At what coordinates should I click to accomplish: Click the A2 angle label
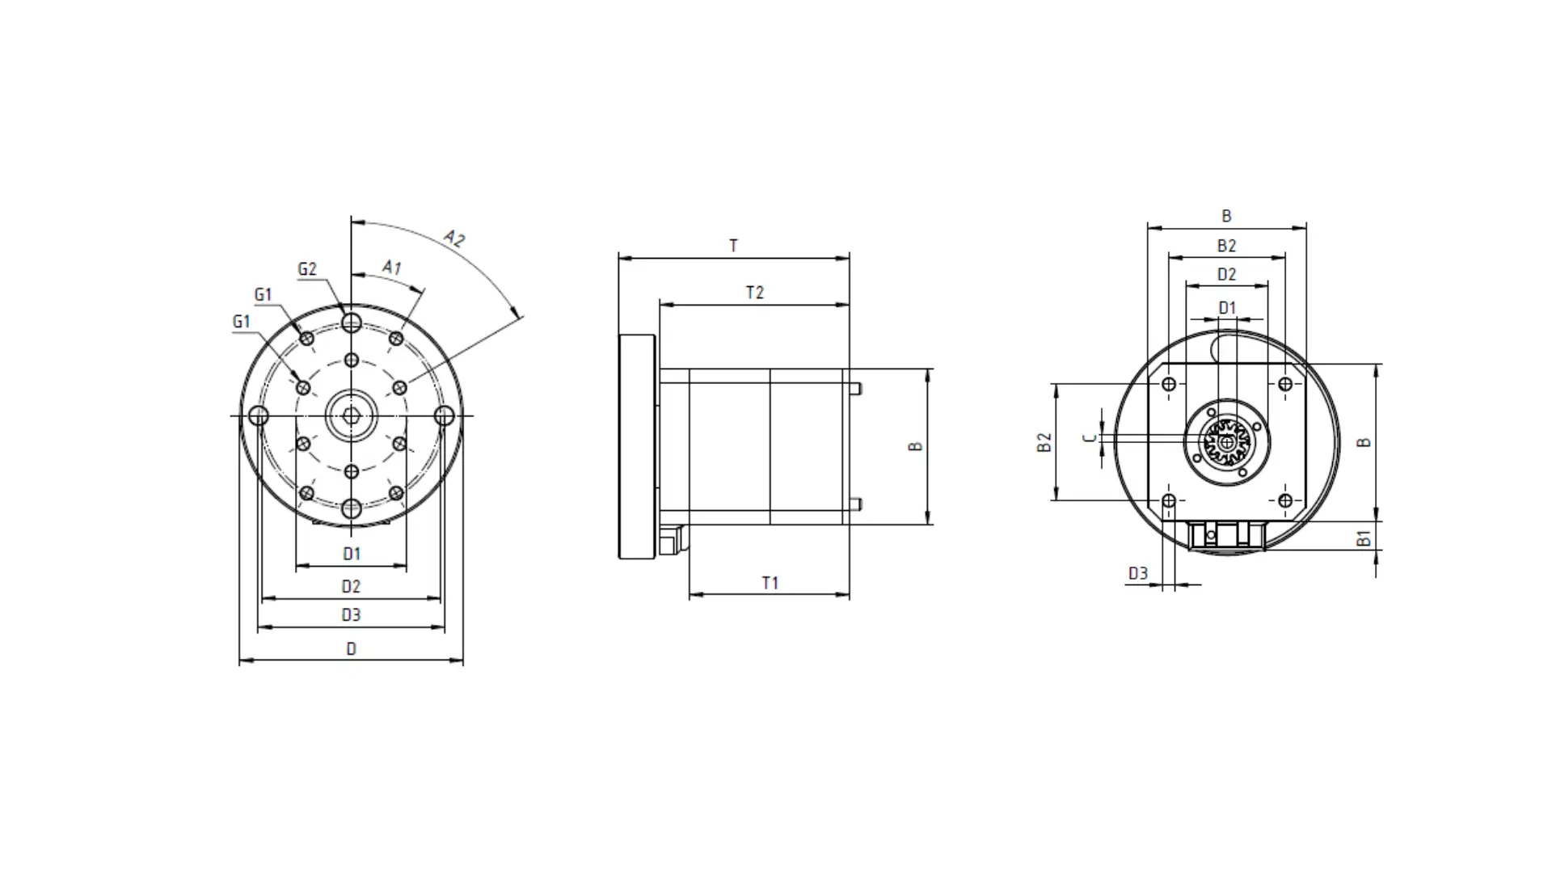tap(454, 238)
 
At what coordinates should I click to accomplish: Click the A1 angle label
tap(392, 267)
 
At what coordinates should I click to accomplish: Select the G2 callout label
tap(307, 269)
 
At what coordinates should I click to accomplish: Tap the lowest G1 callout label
tap(241, 321)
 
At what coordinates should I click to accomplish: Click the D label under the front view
tap(351, 648)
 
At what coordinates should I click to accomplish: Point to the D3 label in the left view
tap(351, 615)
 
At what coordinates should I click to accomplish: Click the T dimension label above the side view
tap(733, 246)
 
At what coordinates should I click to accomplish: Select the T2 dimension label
tap(754, 293)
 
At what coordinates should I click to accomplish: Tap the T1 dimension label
tap(770, 583)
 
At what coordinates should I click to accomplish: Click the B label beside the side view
tap(915, 446)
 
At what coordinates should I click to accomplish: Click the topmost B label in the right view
tap(1226, 216)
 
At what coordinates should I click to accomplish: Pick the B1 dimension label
tap(1364, 538)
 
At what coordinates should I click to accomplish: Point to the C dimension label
tap(1090, 437)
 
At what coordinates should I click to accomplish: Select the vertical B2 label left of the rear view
tap(1044, 442)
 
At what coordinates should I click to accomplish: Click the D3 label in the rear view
tap(1137, 573)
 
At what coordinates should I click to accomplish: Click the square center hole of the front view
tap(351, 415)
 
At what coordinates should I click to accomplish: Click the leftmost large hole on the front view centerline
tap(258, 415)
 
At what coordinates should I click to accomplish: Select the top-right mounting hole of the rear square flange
tap(1285, 384)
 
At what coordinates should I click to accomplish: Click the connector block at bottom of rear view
tap(1225, 535)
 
